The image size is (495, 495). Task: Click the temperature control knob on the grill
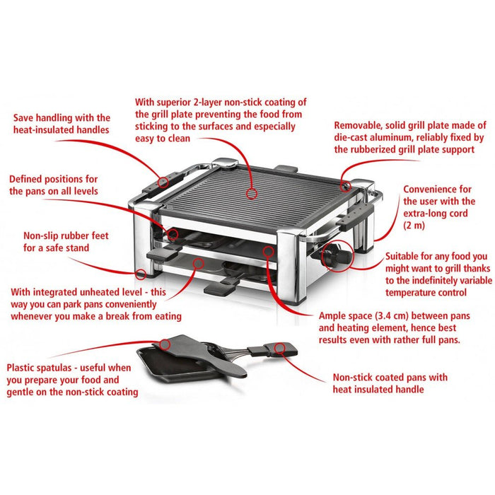334,257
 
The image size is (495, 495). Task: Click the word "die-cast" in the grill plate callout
355,138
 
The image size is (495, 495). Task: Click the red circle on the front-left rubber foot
141,273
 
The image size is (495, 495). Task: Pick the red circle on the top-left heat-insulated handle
163,182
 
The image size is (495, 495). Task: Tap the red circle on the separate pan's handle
279,347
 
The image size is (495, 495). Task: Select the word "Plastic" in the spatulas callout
24,368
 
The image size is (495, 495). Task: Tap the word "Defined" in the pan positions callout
29,179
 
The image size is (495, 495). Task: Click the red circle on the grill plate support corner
346,186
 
